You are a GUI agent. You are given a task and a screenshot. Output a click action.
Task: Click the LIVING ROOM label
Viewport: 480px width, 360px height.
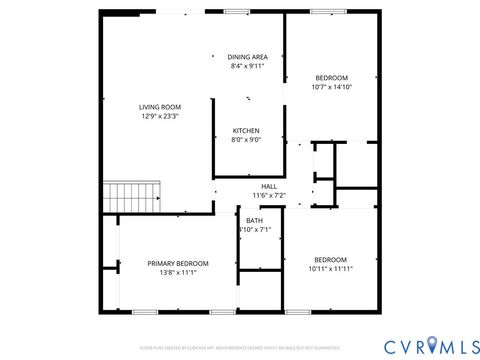159,107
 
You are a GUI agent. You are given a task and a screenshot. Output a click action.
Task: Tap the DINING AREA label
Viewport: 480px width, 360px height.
246,57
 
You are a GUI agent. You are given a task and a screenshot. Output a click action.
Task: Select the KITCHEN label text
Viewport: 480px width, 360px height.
246,131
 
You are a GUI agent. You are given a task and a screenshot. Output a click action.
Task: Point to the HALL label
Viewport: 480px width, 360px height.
269,186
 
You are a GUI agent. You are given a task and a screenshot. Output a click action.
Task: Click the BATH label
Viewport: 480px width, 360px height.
254,220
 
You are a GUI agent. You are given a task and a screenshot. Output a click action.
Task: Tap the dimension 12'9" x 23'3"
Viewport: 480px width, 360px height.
159,116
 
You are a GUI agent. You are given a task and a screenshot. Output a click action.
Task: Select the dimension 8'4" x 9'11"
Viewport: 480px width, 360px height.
246,66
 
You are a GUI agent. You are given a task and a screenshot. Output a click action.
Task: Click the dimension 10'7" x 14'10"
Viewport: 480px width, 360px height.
331,87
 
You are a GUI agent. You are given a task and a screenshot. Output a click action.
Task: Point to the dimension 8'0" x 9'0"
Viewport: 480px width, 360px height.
246,140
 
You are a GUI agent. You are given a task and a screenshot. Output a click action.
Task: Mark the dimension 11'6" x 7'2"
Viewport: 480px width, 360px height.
269,195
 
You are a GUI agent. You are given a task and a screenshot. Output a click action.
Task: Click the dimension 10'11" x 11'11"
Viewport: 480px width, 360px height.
330,268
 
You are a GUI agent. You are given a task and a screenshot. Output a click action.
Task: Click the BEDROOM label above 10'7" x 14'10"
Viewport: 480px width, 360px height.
331,78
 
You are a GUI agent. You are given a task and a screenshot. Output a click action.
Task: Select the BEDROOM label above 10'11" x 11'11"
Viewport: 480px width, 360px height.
330,259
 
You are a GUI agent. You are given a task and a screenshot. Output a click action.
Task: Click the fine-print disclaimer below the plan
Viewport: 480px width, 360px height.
239,346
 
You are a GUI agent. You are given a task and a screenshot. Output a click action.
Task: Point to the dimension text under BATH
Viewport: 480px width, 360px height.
254,230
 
